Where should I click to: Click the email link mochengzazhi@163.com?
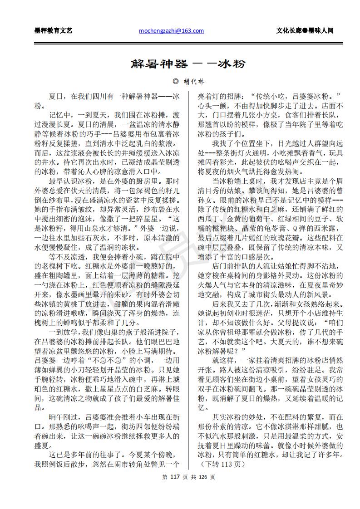coord(171,31)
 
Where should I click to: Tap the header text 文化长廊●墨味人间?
coord(305,31)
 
